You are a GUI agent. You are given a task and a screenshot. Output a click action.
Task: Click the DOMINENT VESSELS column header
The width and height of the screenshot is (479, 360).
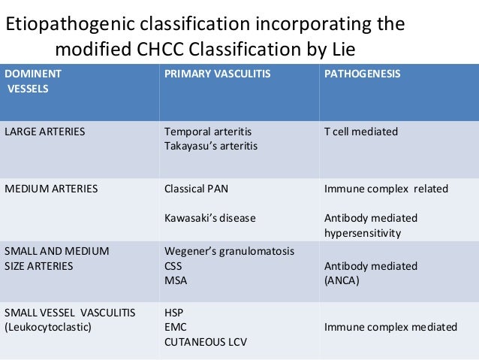tap(34, 81)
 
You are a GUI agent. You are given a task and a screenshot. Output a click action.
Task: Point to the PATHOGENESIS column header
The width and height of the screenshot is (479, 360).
tap(362, 74)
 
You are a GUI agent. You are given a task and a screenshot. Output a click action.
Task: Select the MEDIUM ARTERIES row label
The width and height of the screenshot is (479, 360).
tap(51, 189)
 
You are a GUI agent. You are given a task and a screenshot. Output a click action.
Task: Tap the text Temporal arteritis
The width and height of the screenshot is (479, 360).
tap(208, 132)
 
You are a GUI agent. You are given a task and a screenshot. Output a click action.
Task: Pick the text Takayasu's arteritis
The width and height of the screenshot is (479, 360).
tap(211, 146)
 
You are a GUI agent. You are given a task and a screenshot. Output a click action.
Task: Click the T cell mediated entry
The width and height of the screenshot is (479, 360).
tap(361, 132)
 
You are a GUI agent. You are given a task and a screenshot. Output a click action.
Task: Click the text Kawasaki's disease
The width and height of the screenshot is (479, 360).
tap(210, 218)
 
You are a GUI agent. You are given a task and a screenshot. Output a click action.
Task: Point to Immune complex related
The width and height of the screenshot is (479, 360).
tap(386, 189)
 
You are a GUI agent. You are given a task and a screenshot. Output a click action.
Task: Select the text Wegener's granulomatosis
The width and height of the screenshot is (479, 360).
tap(229, 250)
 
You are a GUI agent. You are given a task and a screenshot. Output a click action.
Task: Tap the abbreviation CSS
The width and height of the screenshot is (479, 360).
tap(173, 265)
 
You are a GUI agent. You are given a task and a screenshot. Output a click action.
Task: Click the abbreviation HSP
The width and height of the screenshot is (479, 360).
tap(173, 312)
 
